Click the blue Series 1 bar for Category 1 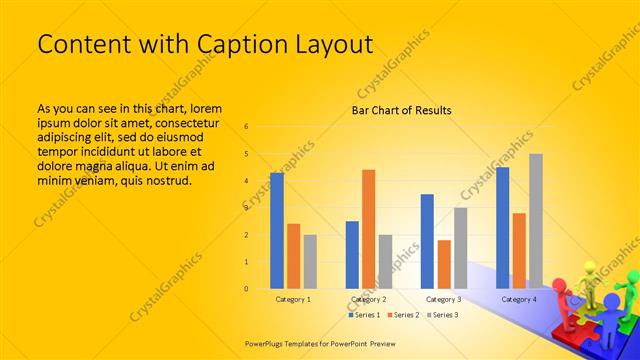(x=277, y=230)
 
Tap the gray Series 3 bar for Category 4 (x=536, y=221)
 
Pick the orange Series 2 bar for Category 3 (x=444, y=264)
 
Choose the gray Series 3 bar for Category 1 (x=310, y=261)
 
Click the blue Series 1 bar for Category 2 (x=352, y=254)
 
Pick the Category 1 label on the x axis (x=293, y=299)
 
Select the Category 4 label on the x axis (x=519, y=299)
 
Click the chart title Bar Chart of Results (x=401, y=110)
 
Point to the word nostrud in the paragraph (x=164, y=180)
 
